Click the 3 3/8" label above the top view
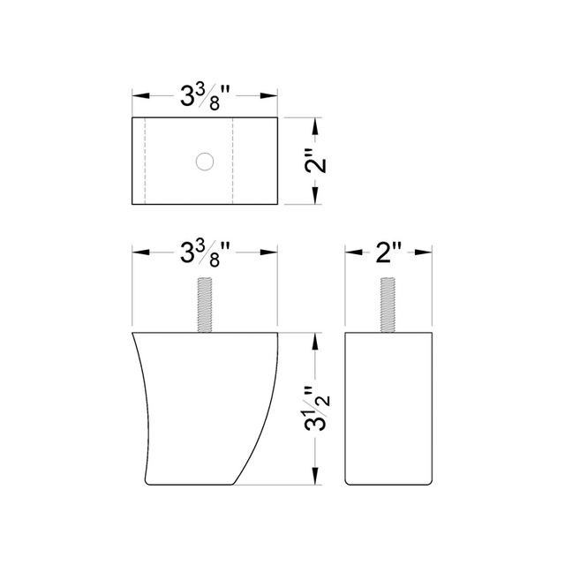point(205,96)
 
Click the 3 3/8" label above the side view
point(205,253)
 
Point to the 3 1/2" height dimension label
point(317,409)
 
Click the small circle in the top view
point(205,162)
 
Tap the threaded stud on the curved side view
point(205,305)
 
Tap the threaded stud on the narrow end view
point(388,305)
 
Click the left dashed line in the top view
point(145,161)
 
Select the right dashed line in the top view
point(233,161)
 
